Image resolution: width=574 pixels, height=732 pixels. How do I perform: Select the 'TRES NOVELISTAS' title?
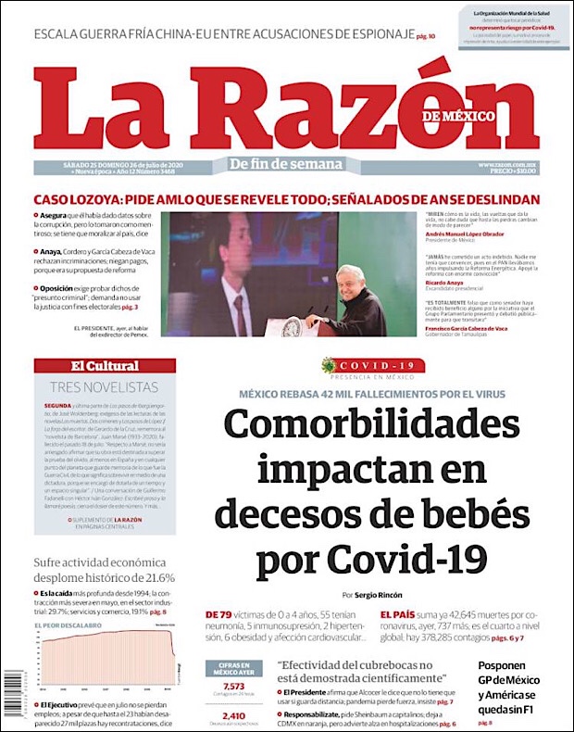tap(105, 386)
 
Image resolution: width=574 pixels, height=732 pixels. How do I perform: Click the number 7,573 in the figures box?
tap(233, 684)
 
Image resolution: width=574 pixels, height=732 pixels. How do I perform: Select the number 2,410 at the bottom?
tap(233, 715)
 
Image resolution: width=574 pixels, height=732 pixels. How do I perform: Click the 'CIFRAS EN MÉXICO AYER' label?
tap(233, 667)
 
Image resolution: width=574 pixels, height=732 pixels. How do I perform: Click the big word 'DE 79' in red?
tap(219, 614)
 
